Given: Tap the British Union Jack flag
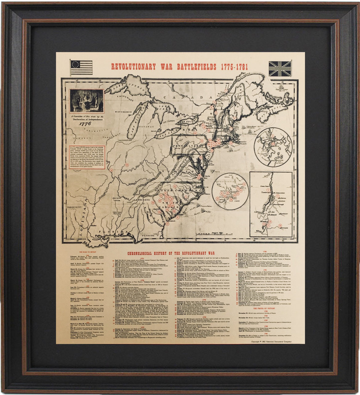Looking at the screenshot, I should (x=280, y=68).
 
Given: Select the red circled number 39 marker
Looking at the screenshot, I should (x=127, y=165).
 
